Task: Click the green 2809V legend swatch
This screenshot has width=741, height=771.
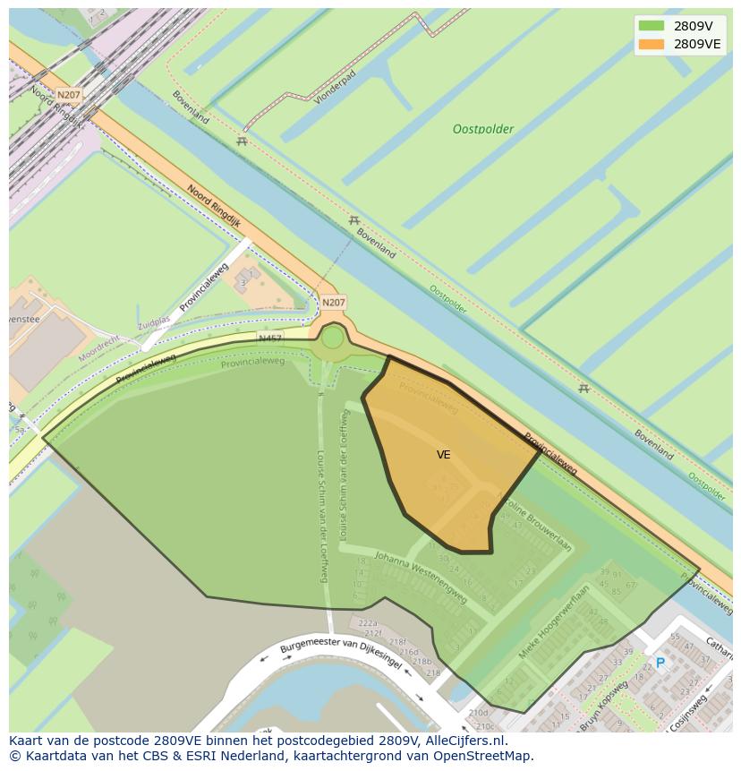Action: pos(652,26)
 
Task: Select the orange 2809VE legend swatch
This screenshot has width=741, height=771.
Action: pos(652,44)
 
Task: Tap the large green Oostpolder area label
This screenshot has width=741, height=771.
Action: pos(482,129)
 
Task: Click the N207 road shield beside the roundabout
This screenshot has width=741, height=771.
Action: pos(333,303)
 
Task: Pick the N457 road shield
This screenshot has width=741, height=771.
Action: pos(269,338)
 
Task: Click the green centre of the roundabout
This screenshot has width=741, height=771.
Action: pos(332,338)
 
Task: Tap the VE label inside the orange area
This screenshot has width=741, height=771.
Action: pos(443,455)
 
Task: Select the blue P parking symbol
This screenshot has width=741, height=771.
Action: pos(660,664)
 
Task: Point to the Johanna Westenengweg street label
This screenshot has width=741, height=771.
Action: pos(421,578)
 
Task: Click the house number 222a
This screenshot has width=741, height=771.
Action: pos(368,623)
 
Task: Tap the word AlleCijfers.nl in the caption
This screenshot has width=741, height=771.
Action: pos(464,741)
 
